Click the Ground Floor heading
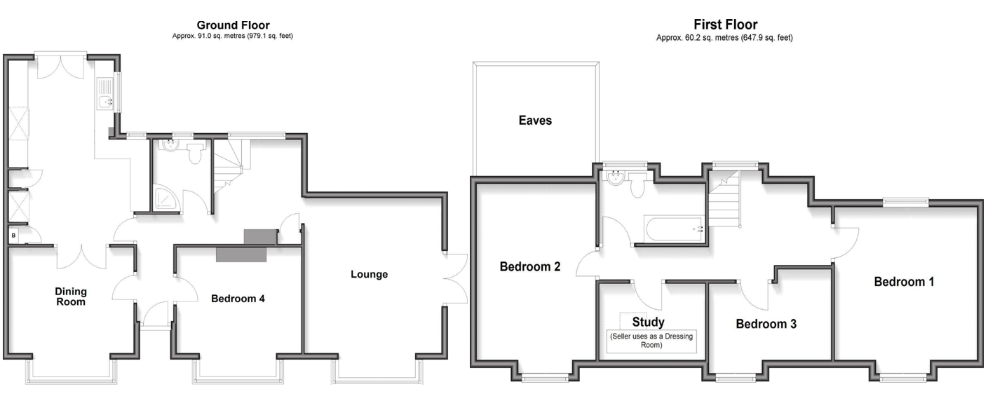pos(233,25)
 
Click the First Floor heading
pos(724,25)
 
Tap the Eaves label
pos(535,121)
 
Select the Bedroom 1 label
pos(904,282)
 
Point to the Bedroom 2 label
pos(529,266)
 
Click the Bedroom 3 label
pos(766,325)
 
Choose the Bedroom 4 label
pos(238,299)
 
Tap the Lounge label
pos(369,274)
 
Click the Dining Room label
pos(70,296)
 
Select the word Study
pos(648,322)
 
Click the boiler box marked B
pos(13,236)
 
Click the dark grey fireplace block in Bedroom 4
pos(241,254)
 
